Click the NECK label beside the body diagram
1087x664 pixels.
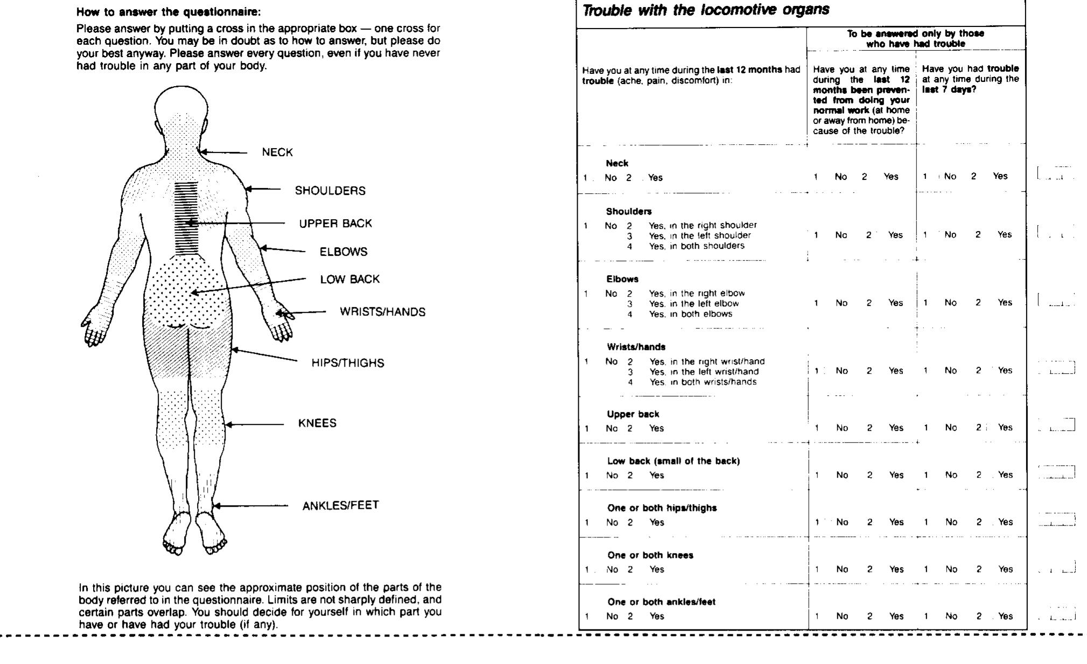coord(277,152)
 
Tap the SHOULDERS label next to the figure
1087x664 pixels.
coord(329,191)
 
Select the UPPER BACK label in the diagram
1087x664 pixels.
coord(335,223)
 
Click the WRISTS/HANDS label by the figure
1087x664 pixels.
coord(382,312)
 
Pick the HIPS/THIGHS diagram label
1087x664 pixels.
coord(348,363)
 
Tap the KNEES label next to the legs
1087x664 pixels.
coord(317,423)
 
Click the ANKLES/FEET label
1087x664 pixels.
coord(340,505)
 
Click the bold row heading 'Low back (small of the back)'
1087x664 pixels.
coord(673,461)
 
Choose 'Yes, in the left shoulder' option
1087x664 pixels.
coord(699,235)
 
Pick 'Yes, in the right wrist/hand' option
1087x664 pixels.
coord(706,361)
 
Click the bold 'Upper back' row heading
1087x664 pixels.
coord(633,414)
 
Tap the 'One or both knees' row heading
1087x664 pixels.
coord(650,555)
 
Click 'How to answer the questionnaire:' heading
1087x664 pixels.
coord(169,12)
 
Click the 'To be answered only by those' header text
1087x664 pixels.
coord(915,33)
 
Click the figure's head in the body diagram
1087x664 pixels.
coord(181,108)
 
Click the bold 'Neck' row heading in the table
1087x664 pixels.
coord(617,163)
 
